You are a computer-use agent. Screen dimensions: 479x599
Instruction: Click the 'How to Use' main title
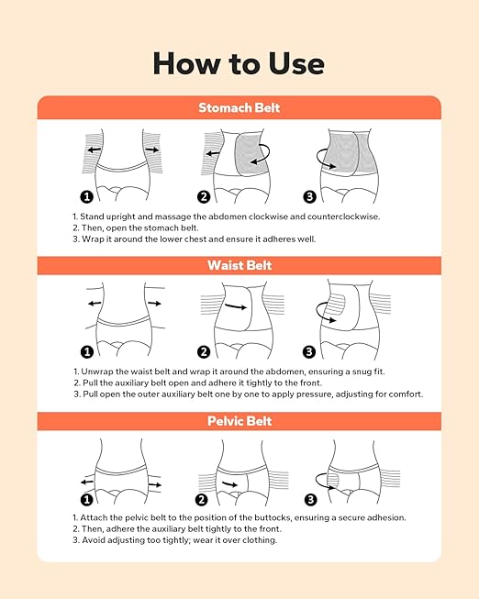click(239, 63)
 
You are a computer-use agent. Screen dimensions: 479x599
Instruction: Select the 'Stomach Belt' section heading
click(239, 107)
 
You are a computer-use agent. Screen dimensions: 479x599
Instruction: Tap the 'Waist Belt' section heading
click(239, 265)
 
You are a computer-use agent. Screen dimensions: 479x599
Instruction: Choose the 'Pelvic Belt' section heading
click(239, 421)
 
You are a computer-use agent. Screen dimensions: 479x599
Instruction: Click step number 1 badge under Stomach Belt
click(87, 196)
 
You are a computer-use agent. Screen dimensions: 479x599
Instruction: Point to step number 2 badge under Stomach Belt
click(204, 196)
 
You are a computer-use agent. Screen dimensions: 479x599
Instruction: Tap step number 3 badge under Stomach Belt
click(309, 196)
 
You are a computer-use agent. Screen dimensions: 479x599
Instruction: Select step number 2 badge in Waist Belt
click(204, 352)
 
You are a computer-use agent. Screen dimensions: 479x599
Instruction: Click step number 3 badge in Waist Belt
click(309, 352)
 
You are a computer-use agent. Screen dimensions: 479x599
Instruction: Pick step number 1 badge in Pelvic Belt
click(87, 500)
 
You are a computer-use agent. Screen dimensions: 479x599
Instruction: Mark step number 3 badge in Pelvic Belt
click(310, 500)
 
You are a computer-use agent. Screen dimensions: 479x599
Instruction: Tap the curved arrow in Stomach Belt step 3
click(318, 160)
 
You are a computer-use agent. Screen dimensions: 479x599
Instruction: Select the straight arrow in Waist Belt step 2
click(236, 306)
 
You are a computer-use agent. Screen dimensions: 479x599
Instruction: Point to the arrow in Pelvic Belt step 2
click(229, 484)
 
